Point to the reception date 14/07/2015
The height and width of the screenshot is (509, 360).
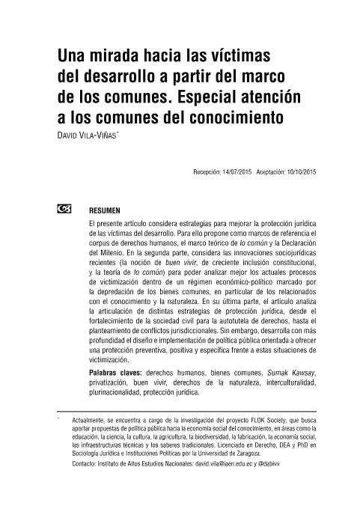pyautogui.click(x=237, y=172)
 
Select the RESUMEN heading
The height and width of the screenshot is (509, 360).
pyautogui.click(x=105, y=210)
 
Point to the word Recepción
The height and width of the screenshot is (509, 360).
pyautogui.click(x=206, y=172)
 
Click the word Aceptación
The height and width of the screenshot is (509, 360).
pyautogui.click(x=270, y=172)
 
